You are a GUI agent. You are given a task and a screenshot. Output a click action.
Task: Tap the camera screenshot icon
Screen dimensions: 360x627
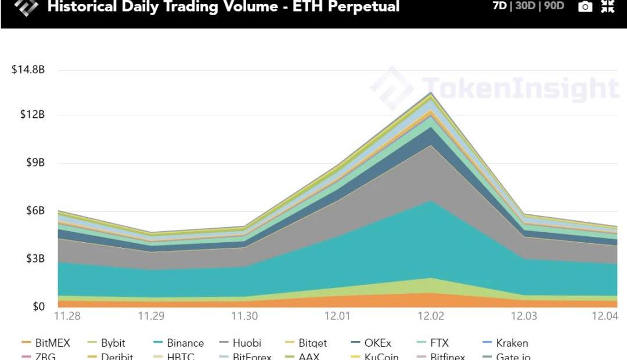point(586,7)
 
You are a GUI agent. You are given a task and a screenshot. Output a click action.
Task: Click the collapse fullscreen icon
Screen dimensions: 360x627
point(607,6)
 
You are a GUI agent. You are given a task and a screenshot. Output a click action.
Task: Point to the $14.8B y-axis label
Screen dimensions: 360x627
point(28,70)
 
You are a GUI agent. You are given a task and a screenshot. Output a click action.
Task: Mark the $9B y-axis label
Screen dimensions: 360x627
point(35,163)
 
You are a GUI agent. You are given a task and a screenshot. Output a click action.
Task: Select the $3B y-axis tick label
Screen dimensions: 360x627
point(35,258)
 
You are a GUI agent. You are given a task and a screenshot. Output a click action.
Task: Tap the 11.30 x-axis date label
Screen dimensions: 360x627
point(245,316)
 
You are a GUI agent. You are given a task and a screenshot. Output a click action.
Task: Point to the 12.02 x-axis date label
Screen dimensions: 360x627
point(431,316)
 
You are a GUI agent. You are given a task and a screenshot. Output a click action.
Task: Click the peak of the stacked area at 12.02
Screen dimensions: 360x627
point(431,92)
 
